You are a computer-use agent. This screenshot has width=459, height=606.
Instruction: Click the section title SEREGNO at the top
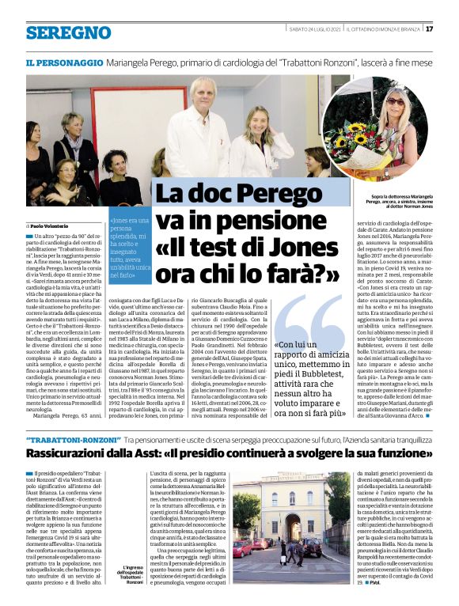[x=68, y=32]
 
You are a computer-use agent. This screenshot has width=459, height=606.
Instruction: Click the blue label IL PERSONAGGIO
[x=64, y=62]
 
